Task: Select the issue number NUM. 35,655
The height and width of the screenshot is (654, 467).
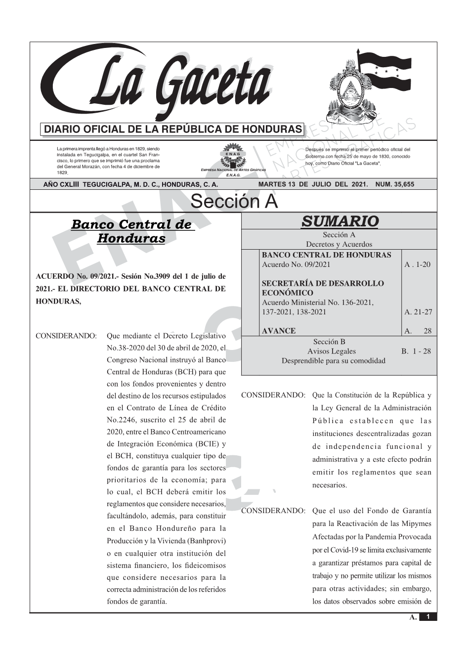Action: tap(395, 184)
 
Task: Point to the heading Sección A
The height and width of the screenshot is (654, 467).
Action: tap(234, 202)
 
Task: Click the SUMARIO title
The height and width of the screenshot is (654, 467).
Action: tap(340, 221)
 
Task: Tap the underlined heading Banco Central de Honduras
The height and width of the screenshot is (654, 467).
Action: tap(131, 231)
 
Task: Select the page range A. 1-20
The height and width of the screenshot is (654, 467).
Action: tap(417, 264)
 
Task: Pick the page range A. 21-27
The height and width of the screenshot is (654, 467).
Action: tap(418, 312)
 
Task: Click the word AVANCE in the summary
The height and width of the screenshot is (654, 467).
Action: tap(279, 331)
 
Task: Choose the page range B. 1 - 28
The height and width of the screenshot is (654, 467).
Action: tap(416, 351)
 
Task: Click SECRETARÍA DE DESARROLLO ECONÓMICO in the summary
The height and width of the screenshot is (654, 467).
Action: tap(322, 288)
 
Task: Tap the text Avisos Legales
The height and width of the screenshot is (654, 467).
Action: tap(331, 351)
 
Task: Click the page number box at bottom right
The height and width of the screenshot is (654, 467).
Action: tap(428, 617)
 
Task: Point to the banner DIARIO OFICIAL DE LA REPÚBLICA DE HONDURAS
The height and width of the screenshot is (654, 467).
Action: tap(173, 130)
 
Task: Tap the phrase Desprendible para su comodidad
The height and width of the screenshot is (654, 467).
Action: tap(333, 361)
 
